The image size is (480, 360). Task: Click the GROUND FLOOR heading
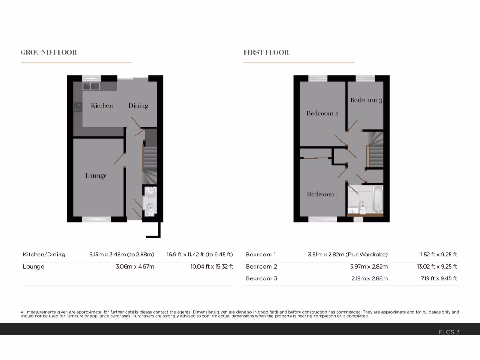click(49, 52)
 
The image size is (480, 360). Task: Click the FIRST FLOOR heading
click(266, 52)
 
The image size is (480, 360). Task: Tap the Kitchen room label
click(102, 105)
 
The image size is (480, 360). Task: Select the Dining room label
click(138, 105)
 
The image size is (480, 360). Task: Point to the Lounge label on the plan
click(96, 176)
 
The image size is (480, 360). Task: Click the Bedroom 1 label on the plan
click(322, 194)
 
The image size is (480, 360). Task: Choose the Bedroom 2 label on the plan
click(322, 113)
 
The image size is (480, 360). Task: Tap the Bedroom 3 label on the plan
click(366, 100)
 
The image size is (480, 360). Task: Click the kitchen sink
click(91, 86)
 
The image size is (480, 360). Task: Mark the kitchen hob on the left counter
click(77, 107)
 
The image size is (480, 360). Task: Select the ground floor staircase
click(150, 162)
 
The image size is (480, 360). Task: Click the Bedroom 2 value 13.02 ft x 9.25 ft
click(438, 267)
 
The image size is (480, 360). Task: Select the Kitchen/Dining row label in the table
click(44, 255)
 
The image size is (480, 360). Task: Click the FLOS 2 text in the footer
click(449, 332)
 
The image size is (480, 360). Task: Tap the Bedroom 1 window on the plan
click(322, 219)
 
